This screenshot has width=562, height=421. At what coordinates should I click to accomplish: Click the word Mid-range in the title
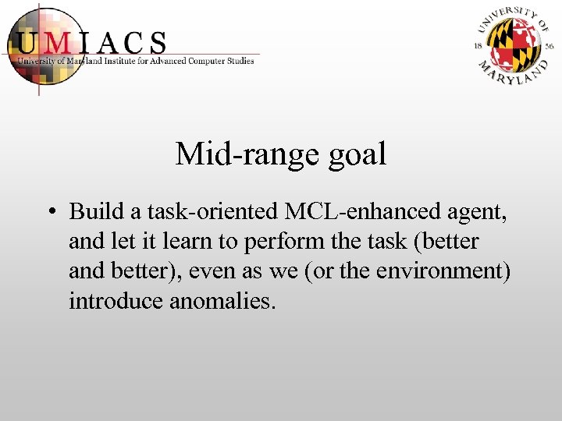234,154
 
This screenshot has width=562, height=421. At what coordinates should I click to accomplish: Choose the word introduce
116,300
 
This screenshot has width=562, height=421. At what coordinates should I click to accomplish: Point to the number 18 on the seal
478,46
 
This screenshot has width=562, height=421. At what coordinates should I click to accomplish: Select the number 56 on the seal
550,46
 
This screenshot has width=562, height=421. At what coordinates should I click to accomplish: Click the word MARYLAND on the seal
514,73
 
